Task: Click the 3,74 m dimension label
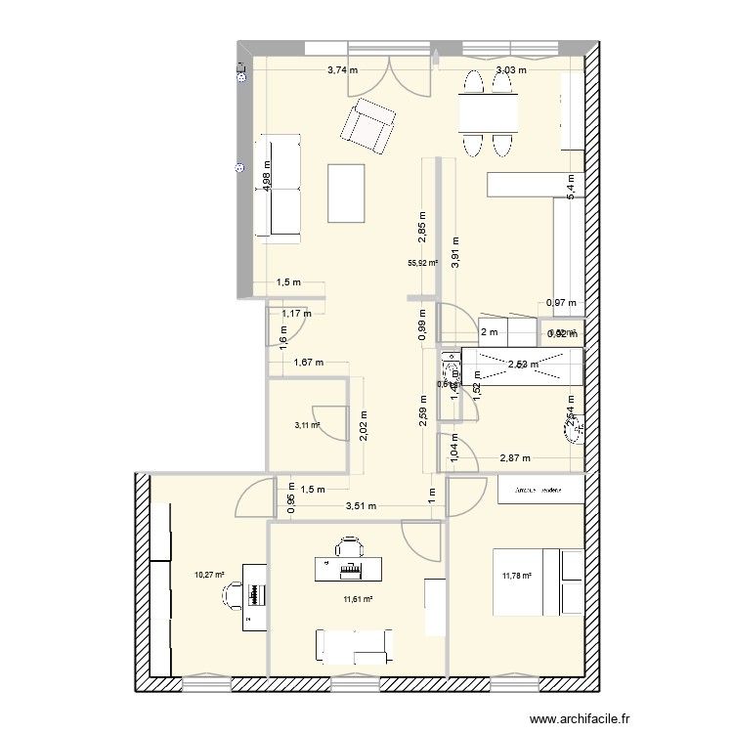coord(342,70)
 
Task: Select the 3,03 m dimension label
coord(511,70)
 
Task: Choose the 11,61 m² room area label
coord(357,599)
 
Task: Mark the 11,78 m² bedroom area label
coord(516,576)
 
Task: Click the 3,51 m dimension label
coord(360,505)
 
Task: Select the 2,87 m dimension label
coord(515,457)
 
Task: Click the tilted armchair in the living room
coord(368,125)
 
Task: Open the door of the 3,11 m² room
coord(332,422)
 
